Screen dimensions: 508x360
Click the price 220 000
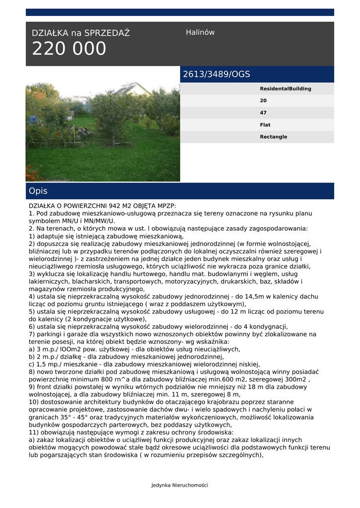point(69,49)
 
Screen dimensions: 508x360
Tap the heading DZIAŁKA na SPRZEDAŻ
point(80,33)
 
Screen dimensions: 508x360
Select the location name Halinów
point(200,32)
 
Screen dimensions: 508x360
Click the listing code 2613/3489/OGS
point(216,74)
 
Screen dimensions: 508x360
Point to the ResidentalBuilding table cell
point(286,89)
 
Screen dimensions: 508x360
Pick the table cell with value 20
point(263,101)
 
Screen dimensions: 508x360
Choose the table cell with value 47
point(263,113)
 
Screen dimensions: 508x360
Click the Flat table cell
point(265,125)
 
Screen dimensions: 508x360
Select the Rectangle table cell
point(274,137)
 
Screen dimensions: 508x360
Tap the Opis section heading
point(38,191)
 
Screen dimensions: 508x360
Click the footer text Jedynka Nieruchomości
point(180,485)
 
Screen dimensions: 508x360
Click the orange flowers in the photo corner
point(32,174)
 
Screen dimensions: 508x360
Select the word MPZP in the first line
point(166,205)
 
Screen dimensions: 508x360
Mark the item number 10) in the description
point(34,402)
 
